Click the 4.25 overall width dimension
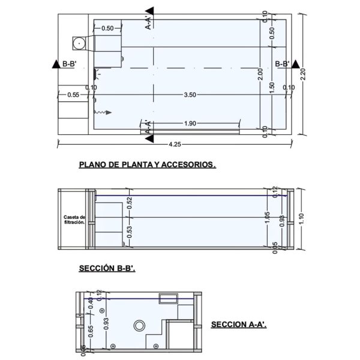pyautogui.click(x=176, y=145)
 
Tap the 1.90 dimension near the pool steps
pyautogui.click(x=191, y=124)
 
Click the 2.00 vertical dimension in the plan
pyautogui.click(x=260, y=74)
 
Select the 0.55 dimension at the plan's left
pyautogui.click(x=74, y=95)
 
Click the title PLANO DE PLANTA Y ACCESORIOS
pyautogui.click(x=147, y=164)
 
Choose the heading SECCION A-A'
pyautogui.click(x=239, y=325)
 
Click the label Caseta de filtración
pyautogui.click(x=74, y=220)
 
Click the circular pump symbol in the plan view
pyautogui.click(x=79, y=43)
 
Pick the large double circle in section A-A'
pyautogui.click(x=139, y=325)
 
